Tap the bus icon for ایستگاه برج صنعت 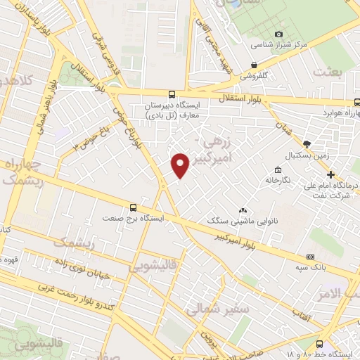(x=134, y=207)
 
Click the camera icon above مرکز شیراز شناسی (x=278, y=34)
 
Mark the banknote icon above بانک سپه (x=311, y=257)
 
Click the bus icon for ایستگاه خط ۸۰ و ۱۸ (x=321, y=344)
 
